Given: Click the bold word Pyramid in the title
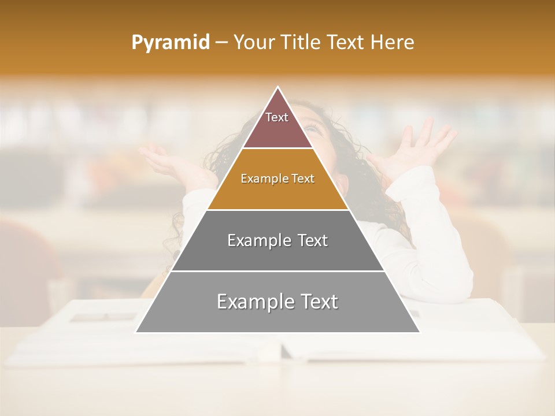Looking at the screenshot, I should tap(171, 43).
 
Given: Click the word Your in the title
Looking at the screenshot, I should tap(254, 42).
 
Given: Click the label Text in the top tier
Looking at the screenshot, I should tap(277, 117).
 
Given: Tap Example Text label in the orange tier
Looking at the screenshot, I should tap(277, 179).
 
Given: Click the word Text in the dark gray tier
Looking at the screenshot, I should tap(310, 240).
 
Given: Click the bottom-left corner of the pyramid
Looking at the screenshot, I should tap(136, 332).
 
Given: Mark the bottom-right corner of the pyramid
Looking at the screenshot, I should tap(419, 332).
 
